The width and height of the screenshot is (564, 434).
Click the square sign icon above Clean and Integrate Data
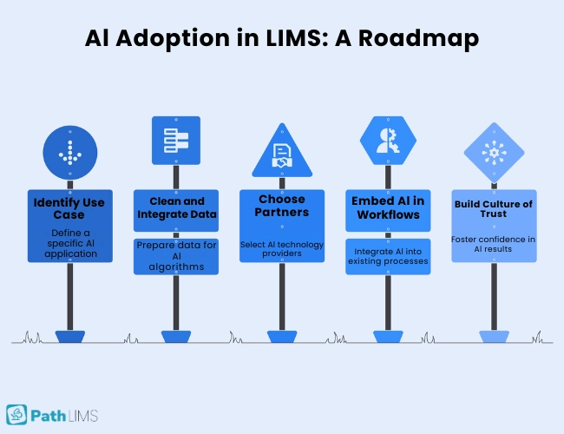pyautogui.click(x=176, y=141)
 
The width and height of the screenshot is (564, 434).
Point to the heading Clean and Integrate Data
pyautogui.click(x=176, y=208)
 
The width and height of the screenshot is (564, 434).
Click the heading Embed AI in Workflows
pyautogui.click(x=387, y=208)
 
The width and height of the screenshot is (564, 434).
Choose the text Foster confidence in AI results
pyautogui.click(x=494, y=244)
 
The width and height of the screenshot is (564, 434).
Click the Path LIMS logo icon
pyautogui.click(x=17, y=414)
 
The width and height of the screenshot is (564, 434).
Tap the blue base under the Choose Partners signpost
pyautogui.click(x=282, y=336)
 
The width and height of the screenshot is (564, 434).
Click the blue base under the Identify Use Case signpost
pyautogui.click(x=69, y=336)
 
